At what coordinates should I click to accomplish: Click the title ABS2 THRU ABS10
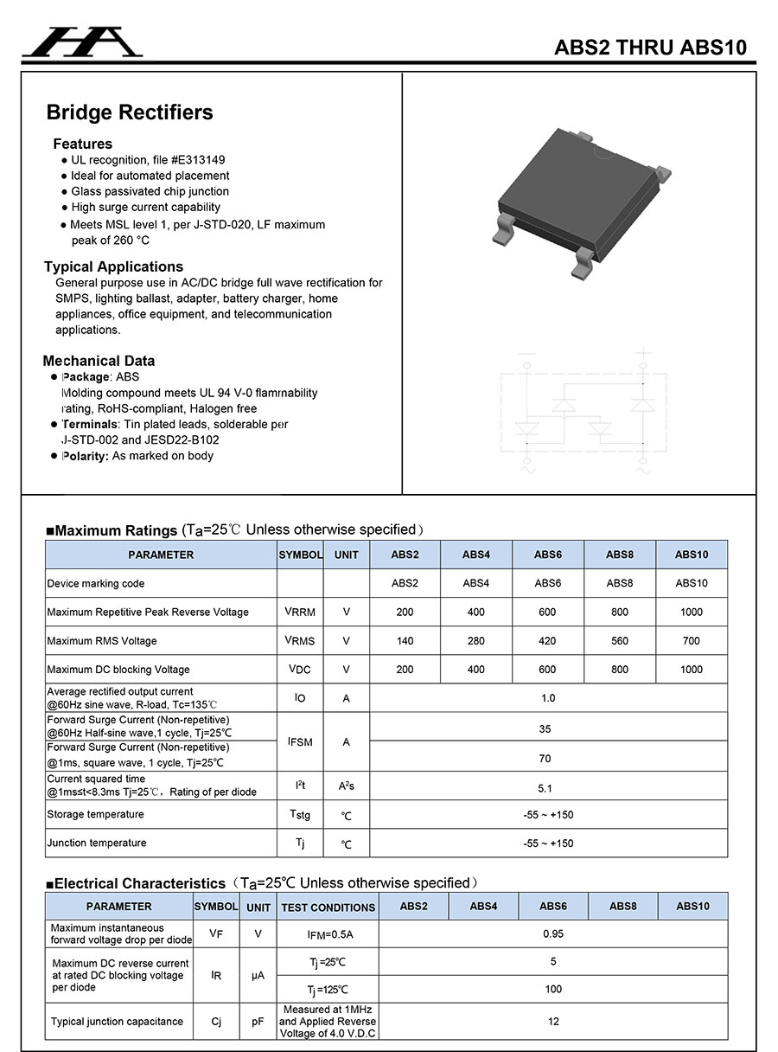pos(650,48)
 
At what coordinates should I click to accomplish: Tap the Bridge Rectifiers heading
pos(130,112)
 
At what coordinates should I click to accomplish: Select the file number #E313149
pos(198,160)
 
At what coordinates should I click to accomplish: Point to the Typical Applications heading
pos(114,266)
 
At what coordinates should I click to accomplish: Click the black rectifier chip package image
pos(580,204)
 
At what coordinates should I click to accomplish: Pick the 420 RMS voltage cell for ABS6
pos(548,641)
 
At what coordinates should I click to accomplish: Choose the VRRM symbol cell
pos(300,613)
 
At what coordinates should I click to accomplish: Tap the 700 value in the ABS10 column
pos(692,641)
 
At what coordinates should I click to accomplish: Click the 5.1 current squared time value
pos(545,788)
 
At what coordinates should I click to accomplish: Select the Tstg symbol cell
pos(300,815)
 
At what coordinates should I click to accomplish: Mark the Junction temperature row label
pos(97,844)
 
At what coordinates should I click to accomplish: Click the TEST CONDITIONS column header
pos(328,908)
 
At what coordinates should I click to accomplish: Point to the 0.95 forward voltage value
pos(553,934)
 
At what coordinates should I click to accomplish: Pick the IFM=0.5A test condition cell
pos(329,935)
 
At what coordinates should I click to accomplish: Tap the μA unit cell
pos(258,976)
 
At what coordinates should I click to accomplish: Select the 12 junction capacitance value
pos(553,1022)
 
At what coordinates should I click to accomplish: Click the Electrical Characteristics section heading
pos(139,884)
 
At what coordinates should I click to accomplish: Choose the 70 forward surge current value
pos(545,759)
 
